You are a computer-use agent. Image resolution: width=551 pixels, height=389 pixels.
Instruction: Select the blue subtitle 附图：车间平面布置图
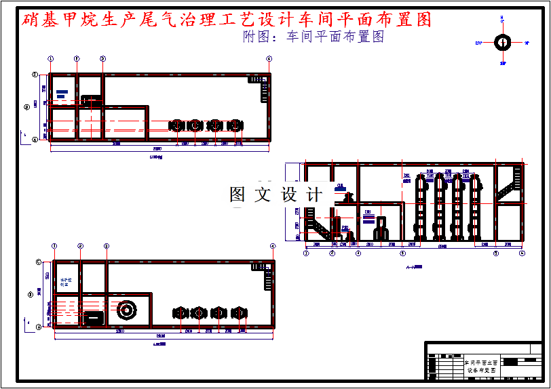click(313, 37)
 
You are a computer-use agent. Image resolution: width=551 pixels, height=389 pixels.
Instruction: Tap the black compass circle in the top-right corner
click(503, 43)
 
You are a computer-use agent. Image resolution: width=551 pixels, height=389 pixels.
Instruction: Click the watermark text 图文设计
click(276, 194)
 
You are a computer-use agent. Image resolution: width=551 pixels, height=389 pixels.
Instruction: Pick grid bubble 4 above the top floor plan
click(269, 59)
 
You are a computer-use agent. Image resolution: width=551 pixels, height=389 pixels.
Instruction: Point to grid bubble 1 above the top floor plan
click(51, 59)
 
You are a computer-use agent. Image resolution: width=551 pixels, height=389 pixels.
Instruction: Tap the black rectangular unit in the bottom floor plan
click(93, 317)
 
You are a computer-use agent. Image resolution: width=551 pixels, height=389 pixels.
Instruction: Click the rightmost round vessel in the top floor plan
click(235, 126)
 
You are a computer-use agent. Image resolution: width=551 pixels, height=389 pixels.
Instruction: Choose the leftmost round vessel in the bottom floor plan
click(180, 313)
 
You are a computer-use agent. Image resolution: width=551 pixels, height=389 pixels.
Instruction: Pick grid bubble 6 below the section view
click(522, 253)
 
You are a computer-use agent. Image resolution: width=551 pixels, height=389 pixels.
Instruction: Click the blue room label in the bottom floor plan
click(65, 282)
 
